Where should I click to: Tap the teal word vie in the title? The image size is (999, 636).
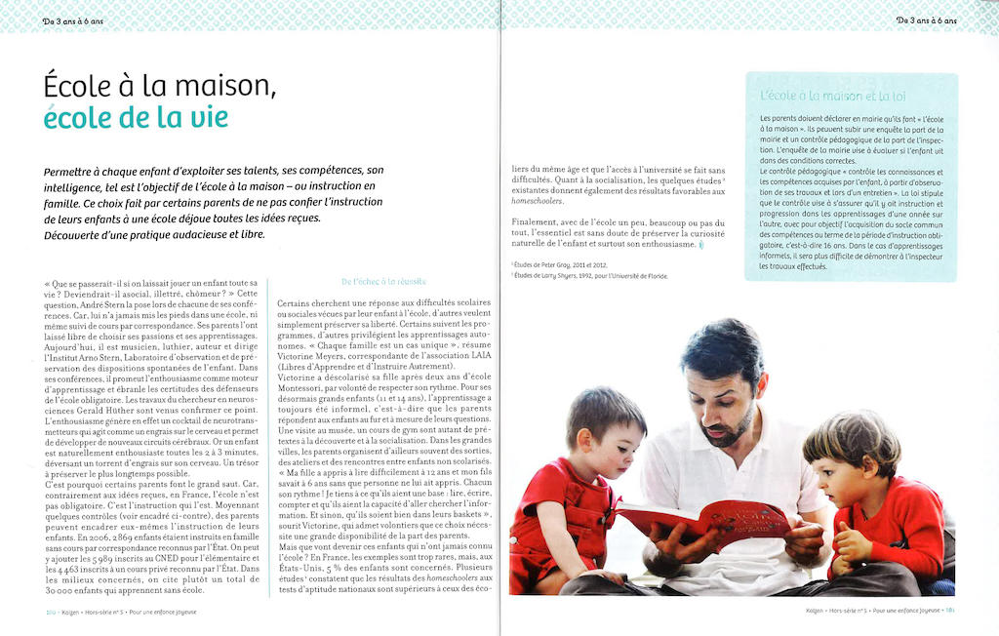[x=208, y=118]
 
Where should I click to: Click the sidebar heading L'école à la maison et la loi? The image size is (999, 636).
[x=832, y=96]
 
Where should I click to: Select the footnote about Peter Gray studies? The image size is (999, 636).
[x=557, y=264]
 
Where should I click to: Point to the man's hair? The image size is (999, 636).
[x=722, y=346]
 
